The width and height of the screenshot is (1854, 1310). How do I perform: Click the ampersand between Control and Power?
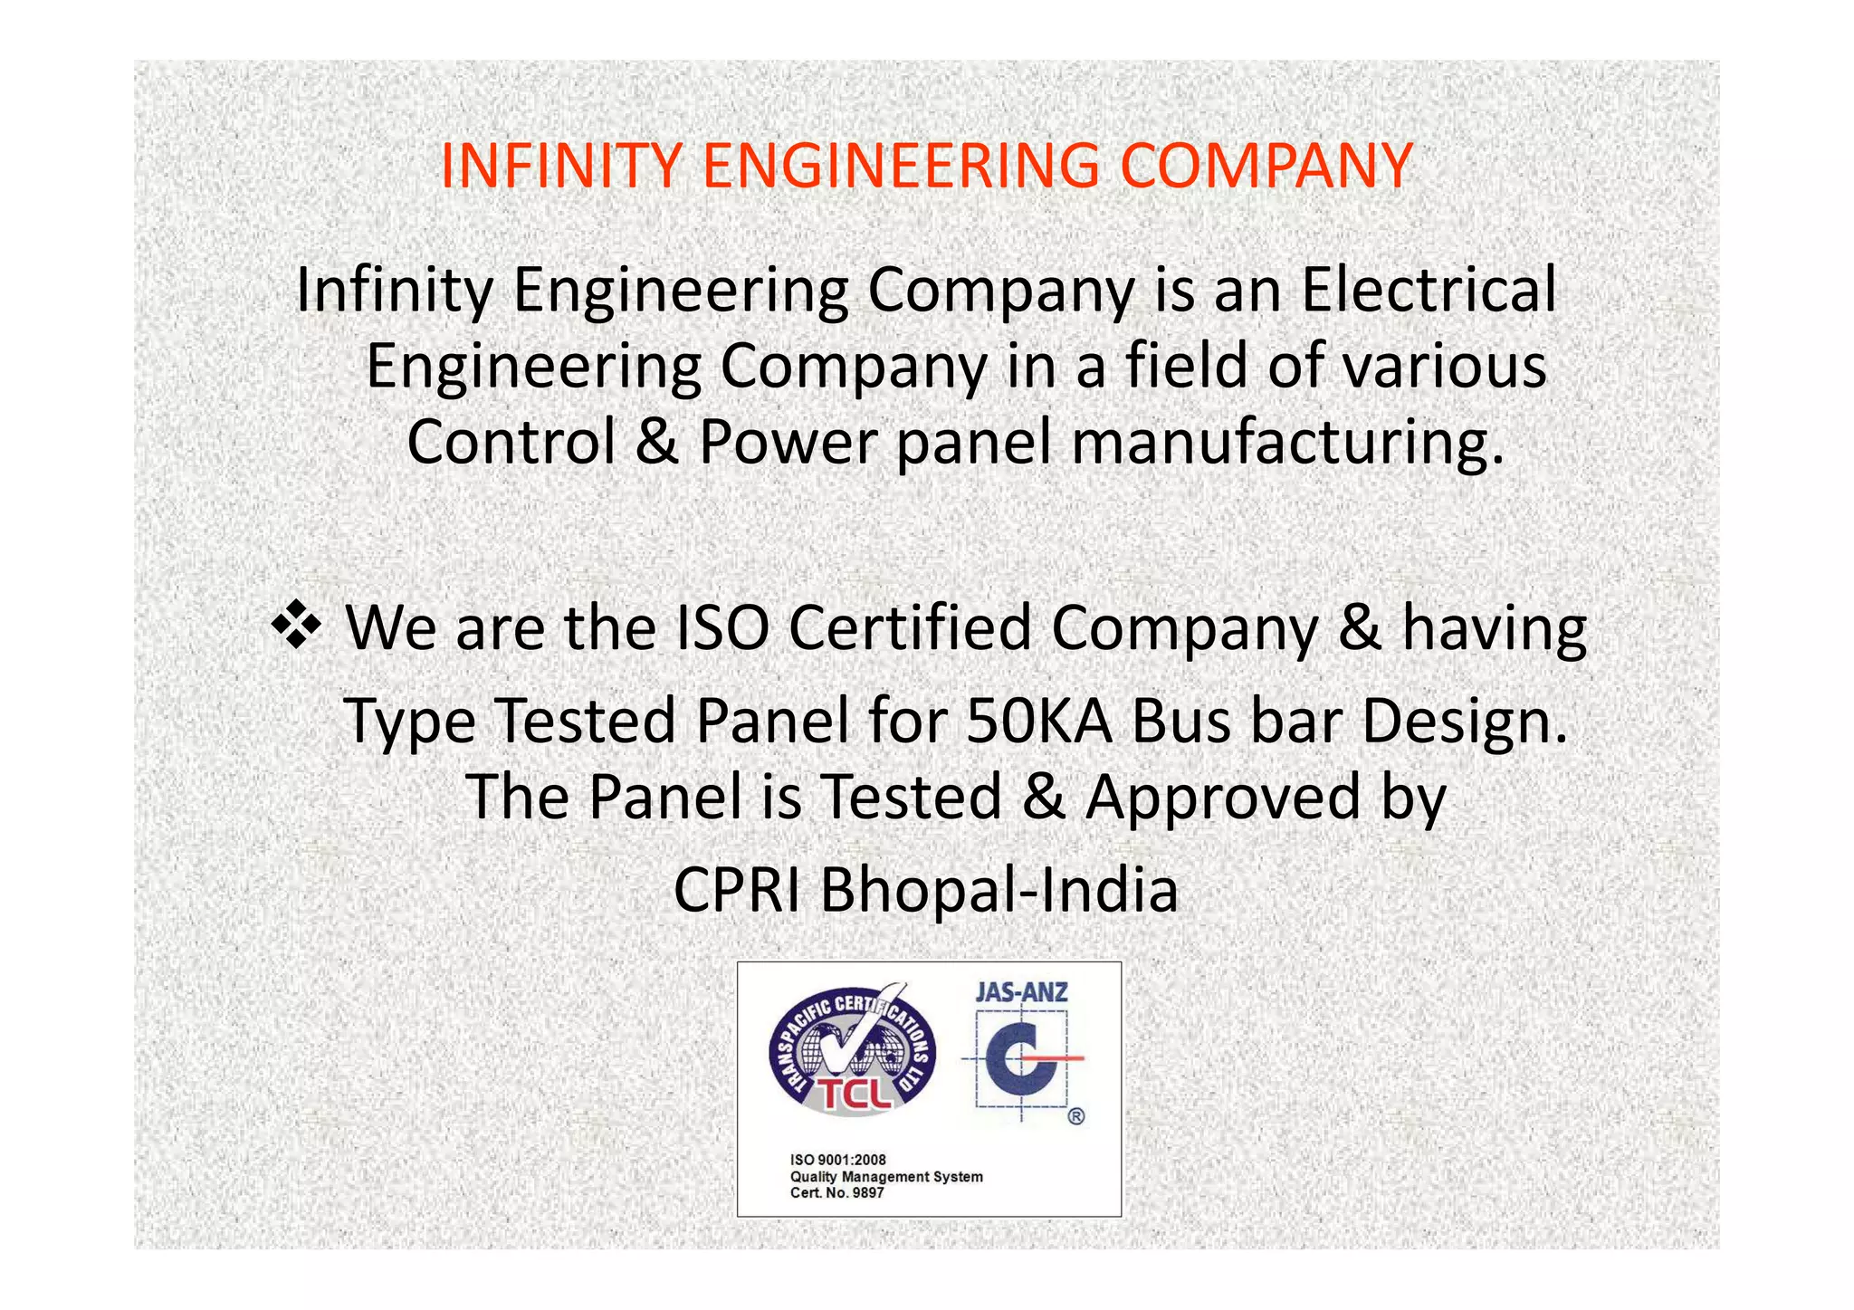click(657, 442)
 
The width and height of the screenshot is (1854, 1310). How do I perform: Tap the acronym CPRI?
click(736, 890)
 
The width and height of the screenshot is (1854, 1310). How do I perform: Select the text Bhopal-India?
click(999, 890)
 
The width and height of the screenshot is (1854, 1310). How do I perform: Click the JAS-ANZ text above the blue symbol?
click(1021, 992)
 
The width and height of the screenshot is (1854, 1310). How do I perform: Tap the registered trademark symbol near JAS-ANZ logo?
click(1075, 1116)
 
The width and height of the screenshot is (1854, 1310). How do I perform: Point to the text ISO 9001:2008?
click(838, 1160)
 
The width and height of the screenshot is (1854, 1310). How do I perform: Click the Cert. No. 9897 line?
click(836, 1193)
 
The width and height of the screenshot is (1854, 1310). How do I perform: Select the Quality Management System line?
click(886, 1177)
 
